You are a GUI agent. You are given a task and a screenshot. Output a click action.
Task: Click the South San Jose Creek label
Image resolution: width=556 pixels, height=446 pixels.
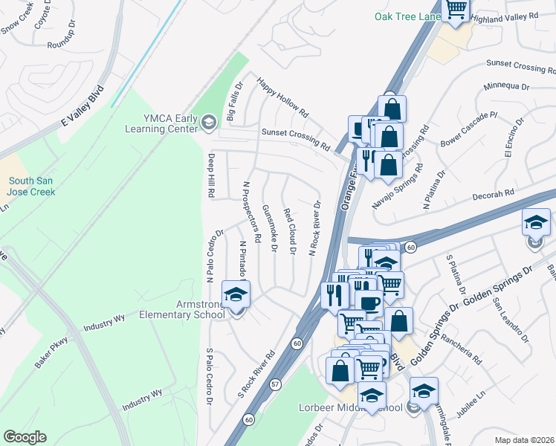(32, 186)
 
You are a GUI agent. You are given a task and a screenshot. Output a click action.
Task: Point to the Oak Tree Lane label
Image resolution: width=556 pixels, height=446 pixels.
(406, 16)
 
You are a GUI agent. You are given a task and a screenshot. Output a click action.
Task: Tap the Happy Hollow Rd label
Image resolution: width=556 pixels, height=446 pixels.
(282, 97)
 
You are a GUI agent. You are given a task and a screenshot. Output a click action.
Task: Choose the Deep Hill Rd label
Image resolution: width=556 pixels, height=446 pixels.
(212, 175)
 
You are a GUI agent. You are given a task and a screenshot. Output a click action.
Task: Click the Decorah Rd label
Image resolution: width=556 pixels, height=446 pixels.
(494, 195)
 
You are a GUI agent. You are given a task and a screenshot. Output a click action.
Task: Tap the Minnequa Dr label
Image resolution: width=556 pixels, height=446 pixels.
(506, 86)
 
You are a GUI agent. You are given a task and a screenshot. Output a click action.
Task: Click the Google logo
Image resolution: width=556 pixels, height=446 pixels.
(25, 437)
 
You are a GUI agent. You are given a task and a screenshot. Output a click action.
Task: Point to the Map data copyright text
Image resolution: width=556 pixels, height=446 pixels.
(523, 439)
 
